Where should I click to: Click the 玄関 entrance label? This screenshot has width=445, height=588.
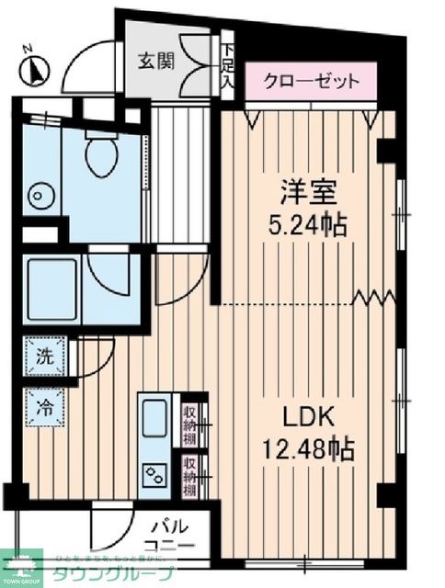coord(157,62)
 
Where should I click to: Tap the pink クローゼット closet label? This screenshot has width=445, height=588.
coord(310,81)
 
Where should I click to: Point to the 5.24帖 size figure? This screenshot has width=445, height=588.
coord(309,224)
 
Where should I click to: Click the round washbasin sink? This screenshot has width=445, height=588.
coord(38,196)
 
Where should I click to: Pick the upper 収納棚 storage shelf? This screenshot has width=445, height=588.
coord(190,423)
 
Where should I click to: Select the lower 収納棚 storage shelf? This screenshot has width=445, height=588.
coord(190,475)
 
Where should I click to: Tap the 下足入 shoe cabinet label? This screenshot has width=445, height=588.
coord(227,63)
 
